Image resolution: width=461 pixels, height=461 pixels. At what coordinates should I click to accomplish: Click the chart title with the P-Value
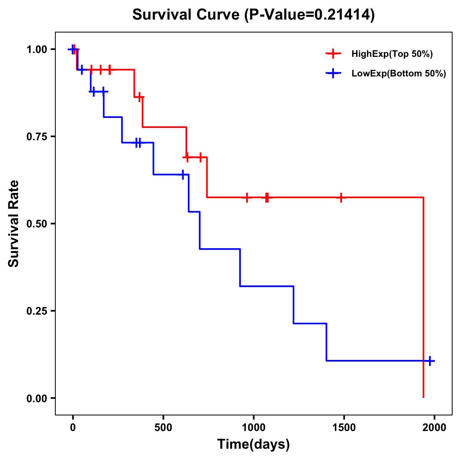click(253, 15)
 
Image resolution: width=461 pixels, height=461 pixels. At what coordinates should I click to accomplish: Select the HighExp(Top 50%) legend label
click(392, 54)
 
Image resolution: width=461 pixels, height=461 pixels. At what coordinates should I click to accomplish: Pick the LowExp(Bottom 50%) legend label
click(399, 74)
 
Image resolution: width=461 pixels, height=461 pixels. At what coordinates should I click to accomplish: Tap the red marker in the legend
click(333, 54)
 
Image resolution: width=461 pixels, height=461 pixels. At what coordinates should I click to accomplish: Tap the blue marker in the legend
click(333, 73)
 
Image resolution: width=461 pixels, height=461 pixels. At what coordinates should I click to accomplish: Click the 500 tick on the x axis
click(163, 427)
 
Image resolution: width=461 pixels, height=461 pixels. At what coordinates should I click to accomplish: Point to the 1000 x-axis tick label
click(254, 427)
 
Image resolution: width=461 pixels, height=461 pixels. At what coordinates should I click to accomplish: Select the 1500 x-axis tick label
click(344, 427)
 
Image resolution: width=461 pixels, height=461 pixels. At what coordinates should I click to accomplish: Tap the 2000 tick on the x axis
click(434, 427)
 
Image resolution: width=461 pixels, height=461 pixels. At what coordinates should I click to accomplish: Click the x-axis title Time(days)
click(254, 444)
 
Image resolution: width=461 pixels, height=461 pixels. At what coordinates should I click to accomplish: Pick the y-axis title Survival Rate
click(14, 224)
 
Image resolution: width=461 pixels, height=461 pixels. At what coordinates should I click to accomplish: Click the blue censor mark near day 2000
click(430, 361)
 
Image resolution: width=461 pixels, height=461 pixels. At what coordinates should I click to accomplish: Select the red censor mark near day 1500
click(340, 197)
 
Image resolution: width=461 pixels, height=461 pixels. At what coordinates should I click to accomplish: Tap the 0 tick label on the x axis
click(73, 427)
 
